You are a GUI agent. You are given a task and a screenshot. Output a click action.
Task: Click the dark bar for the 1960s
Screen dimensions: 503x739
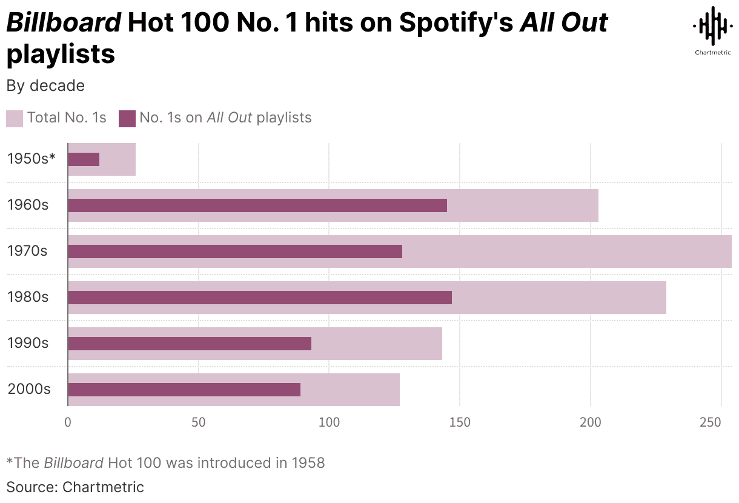click(x=257, y=205)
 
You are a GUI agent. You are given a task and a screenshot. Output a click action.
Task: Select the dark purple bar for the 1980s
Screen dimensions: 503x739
click(x=260, y=298)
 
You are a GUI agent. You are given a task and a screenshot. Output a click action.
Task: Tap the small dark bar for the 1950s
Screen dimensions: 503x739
click(x=84, y=159)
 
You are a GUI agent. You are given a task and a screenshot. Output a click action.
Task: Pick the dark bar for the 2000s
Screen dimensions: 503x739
click(x=184, y=390)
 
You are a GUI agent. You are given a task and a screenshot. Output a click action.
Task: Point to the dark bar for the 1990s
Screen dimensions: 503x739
click(x=190, y=344)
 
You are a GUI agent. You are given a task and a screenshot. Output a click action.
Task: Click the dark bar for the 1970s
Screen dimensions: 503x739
click(x=235, y=252)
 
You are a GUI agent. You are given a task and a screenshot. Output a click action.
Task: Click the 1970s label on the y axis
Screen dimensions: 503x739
click(x=27, y=251)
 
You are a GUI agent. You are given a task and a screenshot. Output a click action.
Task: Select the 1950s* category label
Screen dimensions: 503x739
click(x=31, y=159)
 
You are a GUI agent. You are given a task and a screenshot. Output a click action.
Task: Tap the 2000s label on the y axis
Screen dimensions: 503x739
click(x=29, y=389)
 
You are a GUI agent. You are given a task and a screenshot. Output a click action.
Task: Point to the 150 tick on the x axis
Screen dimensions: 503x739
click(x=460, y=422)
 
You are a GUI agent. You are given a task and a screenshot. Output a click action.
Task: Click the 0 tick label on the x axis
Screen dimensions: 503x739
click(x=68, y=422)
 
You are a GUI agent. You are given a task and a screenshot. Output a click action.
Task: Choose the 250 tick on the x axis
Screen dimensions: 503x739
click(x=721, y=422)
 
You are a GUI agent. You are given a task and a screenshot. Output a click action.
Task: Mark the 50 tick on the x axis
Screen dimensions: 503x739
click(x=199, y=422)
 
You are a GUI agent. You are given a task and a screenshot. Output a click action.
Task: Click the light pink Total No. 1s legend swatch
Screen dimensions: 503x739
click(x=15, y=118)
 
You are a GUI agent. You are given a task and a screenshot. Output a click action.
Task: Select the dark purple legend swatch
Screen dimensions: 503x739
click(x=127, y=118)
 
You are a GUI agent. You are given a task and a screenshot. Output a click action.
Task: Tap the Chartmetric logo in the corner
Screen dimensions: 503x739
click(x=712, y=30)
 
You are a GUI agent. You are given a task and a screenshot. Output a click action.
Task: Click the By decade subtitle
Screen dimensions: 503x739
click(x=45, y=86)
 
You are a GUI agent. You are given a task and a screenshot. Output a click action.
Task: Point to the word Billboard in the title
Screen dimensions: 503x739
click(x=64, y=23)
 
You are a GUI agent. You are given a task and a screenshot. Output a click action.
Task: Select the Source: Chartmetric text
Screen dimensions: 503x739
click(x=75, y=487)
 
